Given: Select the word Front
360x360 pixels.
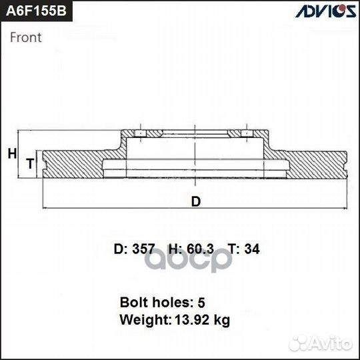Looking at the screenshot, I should coord(25,38).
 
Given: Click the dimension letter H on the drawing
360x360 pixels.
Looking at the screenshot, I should coord(11,154).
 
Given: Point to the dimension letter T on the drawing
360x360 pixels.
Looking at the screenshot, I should coord(29,163).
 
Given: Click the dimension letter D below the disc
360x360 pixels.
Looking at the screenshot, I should coord(195,201).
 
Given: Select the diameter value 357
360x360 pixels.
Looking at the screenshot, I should coord(143,249).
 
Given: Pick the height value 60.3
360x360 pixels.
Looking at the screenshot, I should coord(200,249).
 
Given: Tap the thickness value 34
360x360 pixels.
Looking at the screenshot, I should coord(252,249).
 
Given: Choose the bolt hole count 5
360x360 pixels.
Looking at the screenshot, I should coord(201,301).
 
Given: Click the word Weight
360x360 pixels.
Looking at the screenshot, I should coord(144,320).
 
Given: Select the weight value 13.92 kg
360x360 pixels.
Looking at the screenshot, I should coord(202,320).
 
